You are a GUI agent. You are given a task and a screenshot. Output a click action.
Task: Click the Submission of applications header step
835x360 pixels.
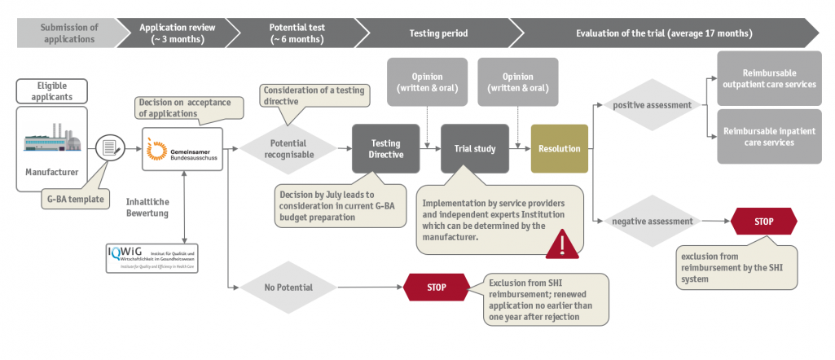click(x=68, y=33)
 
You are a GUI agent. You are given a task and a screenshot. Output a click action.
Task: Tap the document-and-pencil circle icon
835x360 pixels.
click(x=110, y=148)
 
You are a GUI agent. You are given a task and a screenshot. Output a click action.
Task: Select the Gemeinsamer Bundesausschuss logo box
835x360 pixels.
click(x=182, y=148)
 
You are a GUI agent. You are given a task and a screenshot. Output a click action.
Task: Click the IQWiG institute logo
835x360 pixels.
click(x=152, y=257)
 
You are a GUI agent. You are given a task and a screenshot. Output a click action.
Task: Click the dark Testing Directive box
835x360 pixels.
click(x=380, y=149)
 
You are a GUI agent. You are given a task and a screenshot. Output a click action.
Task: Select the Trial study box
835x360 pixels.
click(x=474, y=148)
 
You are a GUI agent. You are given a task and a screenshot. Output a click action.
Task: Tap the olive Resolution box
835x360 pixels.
click(x=559, y=148)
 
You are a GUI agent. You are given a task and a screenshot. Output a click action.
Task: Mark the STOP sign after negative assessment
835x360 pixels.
click(x=763, y=221)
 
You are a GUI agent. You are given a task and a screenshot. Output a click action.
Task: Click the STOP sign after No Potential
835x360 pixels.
click(x=437, y=287)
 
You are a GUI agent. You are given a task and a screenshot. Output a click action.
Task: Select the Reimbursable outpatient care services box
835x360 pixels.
click(x=768, y=79)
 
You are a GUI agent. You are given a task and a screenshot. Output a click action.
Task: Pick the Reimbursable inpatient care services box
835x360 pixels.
click(x=768, y=136)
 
